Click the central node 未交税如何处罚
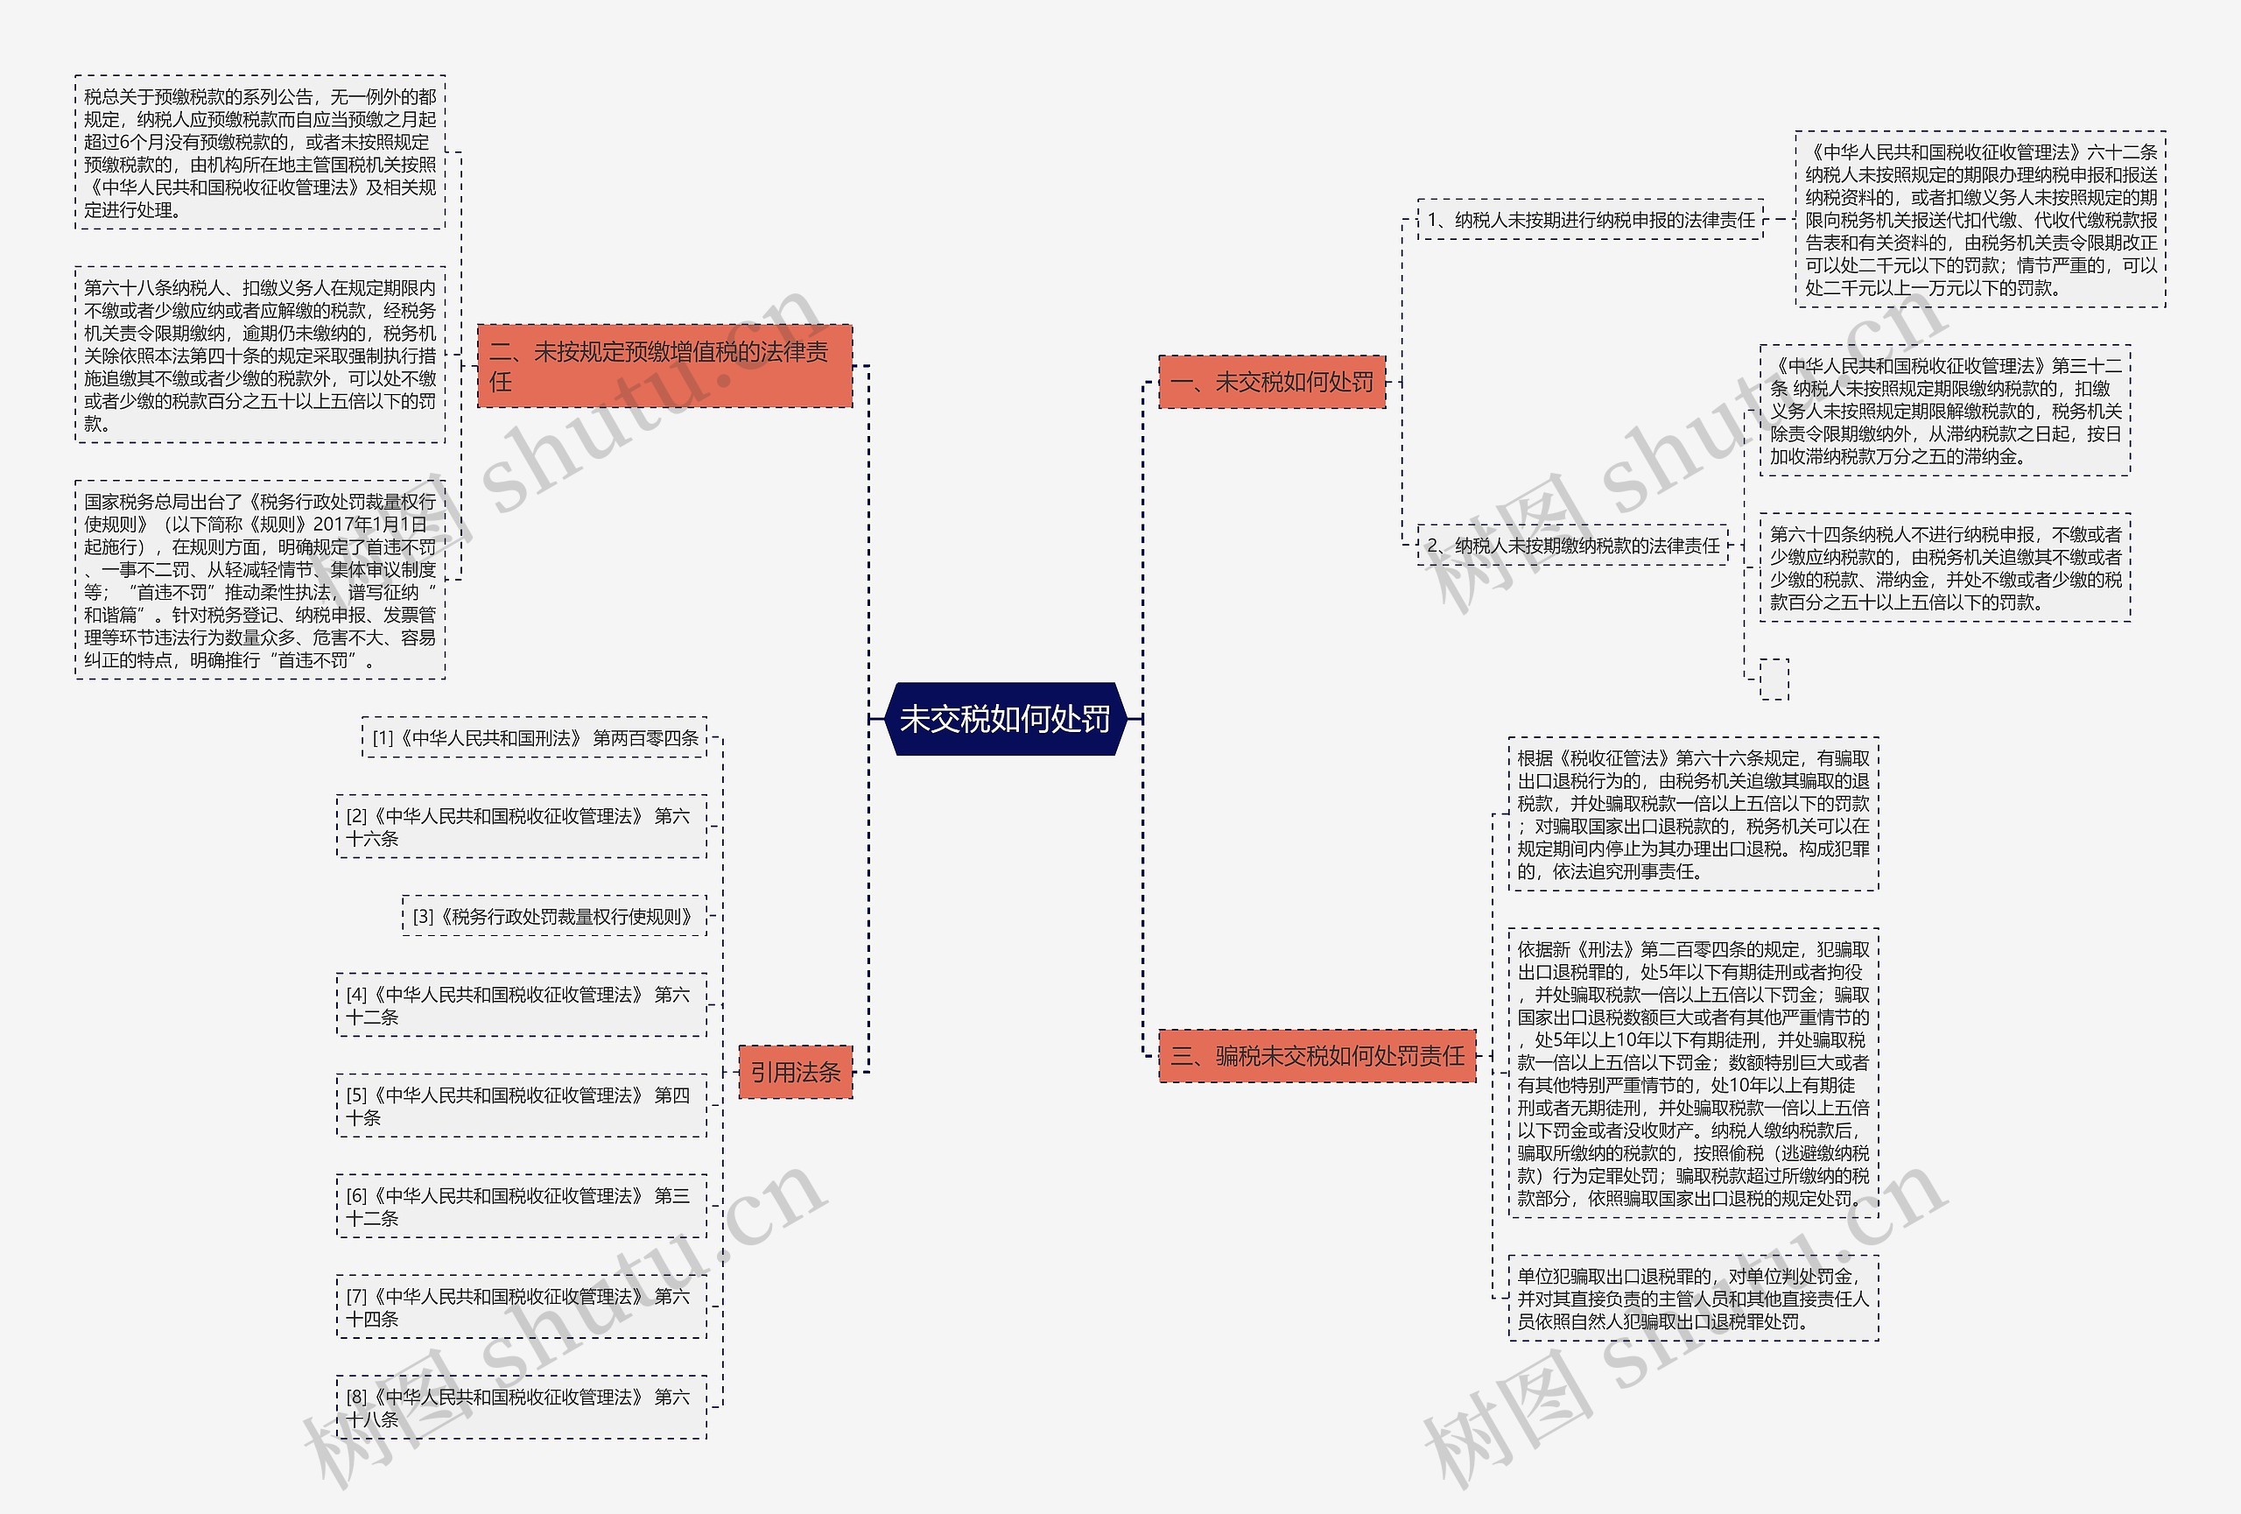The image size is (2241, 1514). [1004, 718]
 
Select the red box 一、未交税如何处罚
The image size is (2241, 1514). [1271, 382]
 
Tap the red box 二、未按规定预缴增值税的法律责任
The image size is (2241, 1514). [664, 366]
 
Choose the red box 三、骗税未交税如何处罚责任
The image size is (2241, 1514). [1317, 1056]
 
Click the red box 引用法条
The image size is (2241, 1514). [795, 1072]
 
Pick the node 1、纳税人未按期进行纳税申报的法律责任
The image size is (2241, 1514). [1590, 220]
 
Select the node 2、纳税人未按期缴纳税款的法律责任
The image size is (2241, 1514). [1572, 546]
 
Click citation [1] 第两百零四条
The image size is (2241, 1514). [534, 737]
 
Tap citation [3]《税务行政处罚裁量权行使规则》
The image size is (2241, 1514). [553, 916]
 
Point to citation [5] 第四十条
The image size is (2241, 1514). [521, 1106]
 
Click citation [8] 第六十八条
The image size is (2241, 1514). [521, 1408]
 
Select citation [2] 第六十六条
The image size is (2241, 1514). [521, 827]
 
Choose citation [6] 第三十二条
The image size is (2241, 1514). [521, 1207]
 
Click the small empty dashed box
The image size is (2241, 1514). [1774, 679]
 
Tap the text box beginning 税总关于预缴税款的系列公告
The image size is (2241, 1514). [259, 152]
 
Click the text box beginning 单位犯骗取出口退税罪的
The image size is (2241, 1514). [1692, 1298]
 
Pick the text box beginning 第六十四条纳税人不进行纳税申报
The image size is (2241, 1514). [1944, 568]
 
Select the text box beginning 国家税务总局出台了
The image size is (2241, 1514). [259, 581]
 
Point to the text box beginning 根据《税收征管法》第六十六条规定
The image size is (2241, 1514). [1692, 815]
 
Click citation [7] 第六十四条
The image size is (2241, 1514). [521, 1306]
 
